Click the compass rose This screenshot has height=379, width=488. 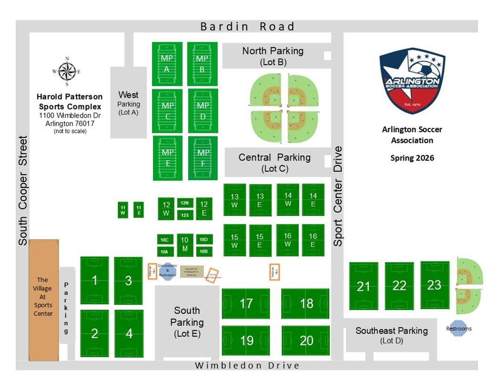point(66,72)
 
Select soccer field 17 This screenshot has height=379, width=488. point(246,304)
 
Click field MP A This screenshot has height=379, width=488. point(167,64)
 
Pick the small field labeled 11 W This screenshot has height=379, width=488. point(123,210)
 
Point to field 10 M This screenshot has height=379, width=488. point(185,246)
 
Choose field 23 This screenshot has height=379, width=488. point(434,285)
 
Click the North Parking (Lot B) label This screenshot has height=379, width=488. point(273,56)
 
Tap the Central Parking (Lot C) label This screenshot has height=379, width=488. point(274,162)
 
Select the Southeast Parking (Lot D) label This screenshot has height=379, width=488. point(392,335)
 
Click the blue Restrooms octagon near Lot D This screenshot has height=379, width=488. point(459,328)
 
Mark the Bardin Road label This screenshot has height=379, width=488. point(248,27)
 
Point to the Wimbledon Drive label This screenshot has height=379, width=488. point(248,366)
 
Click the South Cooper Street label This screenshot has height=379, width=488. point(23,191)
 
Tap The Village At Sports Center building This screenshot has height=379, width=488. point(43,300)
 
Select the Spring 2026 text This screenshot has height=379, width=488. point(412,158)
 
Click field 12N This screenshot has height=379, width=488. point(185,203)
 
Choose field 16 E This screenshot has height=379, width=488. point(313,240)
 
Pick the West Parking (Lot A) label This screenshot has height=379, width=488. point(129,103)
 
